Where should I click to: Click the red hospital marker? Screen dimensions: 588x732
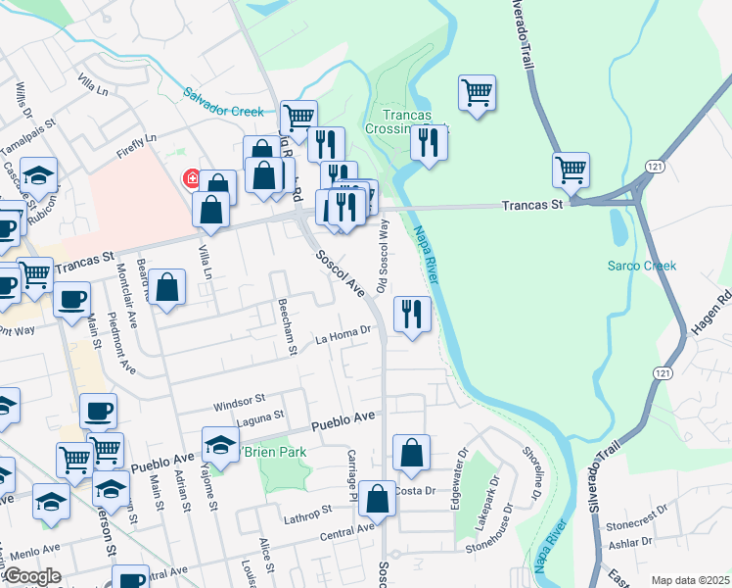click(192, 178)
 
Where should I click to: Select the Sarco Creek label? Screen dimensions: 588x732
click(641, 266)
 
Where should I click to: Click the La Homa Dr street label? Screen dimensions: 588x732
click(343, 336)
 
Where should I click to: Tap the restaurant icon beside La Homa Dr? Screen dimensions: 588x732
click(412, 314)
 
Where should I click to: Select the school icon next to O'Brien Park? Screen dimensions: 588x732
click(220, 444)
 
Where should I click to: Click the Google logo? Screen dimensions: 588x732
click(32, 575)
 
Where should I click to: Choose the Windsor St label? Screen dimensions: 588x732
click(240, 401)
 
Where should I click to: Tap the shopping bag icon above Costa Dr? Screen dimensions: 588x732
click(412, 453)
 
